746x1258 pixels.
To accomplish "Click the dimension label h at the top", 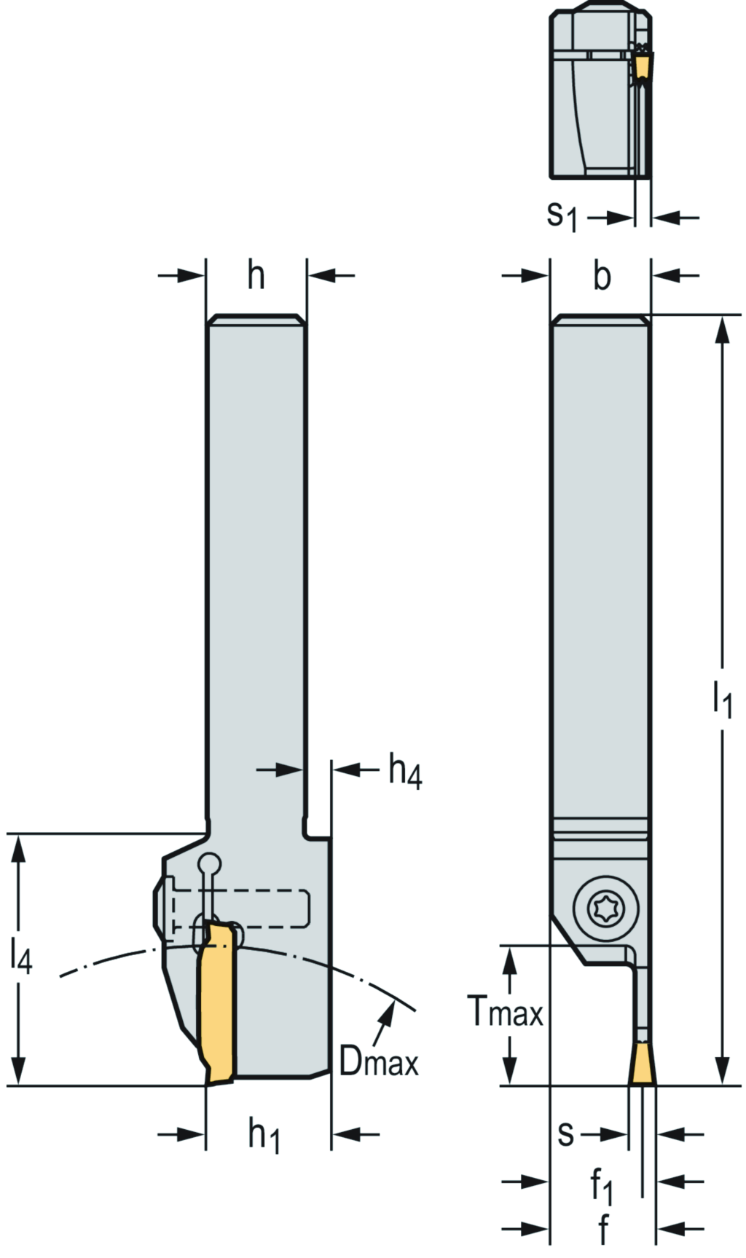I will tap(256, 277).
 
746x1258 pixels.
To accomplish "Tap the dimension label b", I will tap(602, 277).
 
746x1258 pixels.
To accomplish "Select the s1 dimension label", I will tap(562, 216).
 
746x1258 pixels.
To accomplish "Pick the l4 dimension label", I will tap(21, 955).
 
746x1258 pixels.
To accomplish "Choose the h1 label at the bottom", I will tap(264, 1135).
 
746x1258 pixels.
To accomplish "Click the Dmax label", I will tap(379, 1064).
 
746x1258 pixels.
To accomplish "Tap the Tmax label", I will tap(506, 1011).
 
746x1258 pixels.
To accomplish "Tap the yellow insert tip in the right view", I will tap(642, 1064).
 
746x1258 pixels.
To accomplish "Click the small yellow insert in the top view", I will tap(641, 67).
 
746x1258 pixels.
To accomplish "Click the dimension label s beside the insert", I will tap(566, 1134).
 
